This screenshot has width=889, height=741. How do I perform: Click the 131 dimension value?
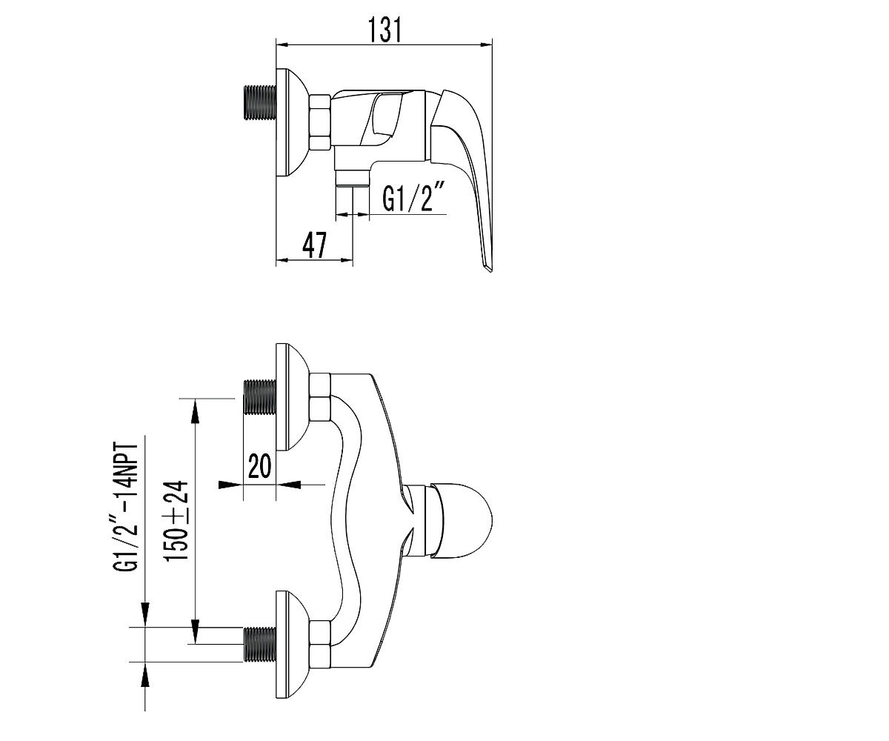[x=384, y=30]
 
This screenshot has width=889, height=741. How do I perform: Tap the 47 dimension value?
[x=314, y=245]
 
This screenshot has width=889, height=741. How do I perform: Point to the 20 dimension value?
[x=259, y=466]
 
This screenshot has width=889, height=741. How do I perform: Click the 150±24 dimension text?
[x=177, y=521]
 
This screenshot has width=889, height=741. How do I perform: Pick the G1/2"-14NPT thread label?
[x=126, y=507]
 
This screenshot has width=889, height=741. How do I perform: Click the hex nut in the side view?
[x=320, y=122]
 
